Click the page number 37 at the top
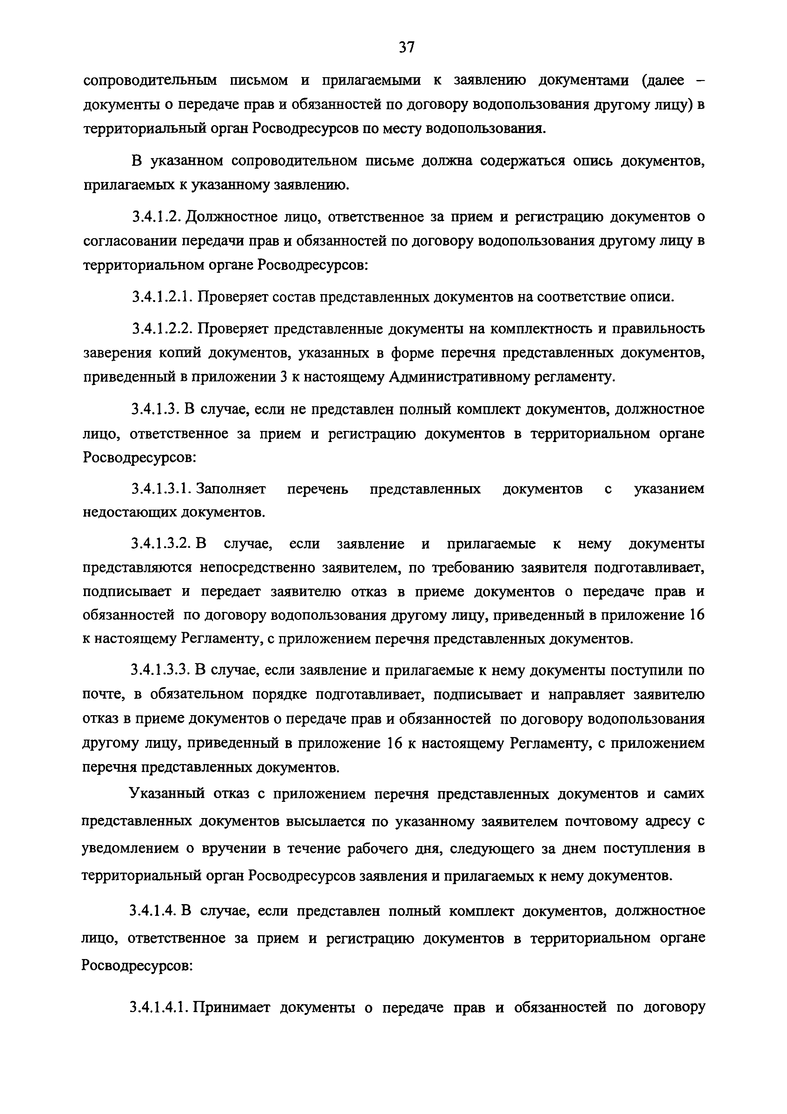pos(406,47)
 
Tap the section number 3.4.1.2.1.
pos(163,297)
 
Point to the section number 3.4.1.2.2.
pos(163,329)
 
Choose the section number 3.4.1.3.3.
pos(163,671)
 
